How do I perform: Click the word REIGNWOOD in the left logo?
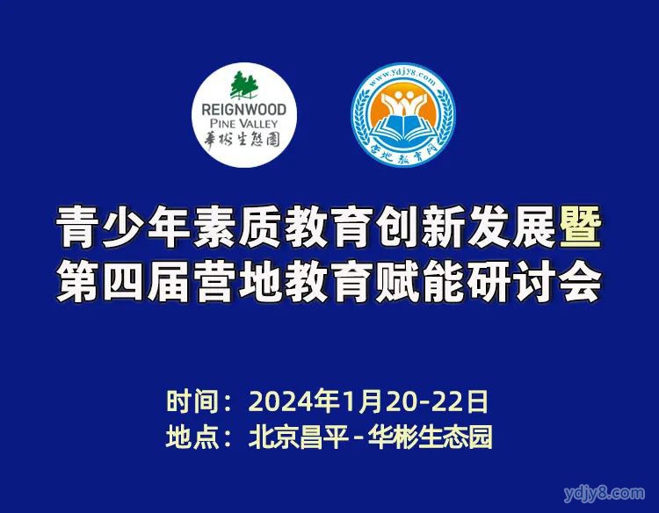[x=243, y=110]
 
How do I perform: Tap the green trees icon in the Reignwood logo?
[x=243, y=85]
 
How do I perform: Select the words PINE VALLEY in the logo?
[x=243, y=124]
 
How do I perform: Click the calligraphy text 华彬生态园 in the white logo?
[x=243, y=139]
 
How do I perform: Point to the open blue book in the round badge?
[x=402, y=126]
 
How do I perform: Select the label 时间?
[x=193, y=401]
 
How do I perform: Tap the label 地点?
[x=193, y=437]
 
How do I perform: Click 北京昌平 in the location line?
[x=299, y=437]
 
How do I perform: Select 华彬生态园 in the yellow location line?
[x=430, y=437]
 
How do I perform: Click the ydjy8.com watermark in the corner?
[x=604, y=494]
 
